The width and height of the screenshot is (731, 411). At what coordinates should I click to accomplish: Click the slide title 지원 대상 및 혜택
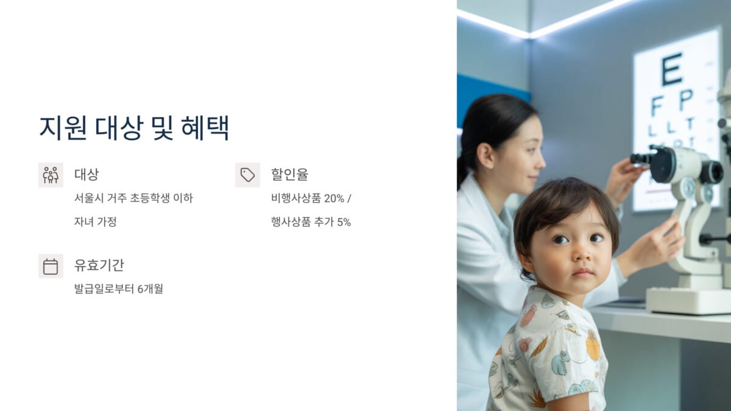coord(134,127)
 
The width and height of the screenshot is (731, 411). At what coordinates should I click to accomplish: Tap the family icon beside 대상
coord(51,175)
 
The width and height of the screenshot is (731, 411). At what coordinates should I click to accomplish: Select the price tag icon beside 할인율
coord(247,175)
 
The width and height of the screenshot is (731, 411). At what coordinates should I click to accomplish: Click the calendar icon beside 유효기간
coord(51,266)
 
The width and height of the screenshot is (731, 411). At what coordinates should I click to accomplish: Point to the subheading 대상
coord(87,175)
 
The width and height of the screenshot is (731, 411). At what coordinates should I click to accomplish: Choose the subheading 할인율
coord(289,175)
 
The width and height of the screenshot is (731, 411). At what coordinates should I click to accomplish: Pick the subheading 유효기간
coord(99,265)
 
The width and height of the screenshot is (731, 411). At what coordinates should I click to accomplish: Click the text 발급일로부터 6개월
coord(118,289)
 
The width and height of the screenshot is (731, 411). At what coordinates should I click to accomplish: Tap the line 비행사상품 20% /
coord(311,198)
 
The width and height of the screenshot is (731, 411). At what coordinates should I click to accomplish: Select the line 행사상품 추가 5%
coord(311,222)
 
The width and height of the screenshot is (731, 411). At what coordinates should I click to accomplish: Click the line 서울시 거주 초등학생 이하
coord(133,198)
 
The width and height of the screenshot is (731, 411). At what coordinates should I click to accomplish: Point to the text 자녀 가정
coord(95,222)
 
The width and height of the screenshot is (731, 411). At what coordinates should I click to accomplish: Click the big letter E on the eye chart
coord(672,69)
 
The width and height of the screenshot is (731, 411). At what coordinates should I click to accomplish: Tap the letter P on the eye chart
coord(687,99)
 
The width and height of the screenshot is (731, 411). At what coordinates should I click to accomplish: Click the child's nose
coord(582,255)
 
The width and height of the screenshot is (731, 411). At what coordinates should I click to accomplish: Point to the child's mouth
coord(583,272)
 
